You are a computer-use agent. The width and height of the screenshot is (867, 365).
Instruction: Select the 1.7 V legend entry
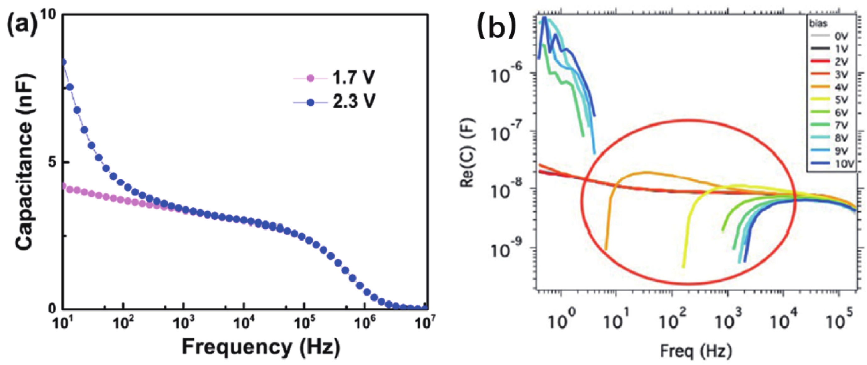[x=353, y=78]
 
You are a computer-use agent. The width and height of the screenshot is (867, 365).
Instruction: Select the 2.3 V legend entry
[x=353, y=101]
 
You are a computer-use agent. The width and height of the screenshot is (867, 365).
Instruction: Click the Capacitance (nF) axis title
[x=24, y=161]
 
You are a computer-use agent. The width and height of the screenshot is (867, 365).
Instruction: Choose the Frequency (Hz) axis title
[x=261, y=347]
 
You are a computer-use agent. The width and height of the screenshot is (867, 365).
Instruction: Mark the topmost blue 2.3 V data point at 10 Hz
[x=63, y=62]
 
